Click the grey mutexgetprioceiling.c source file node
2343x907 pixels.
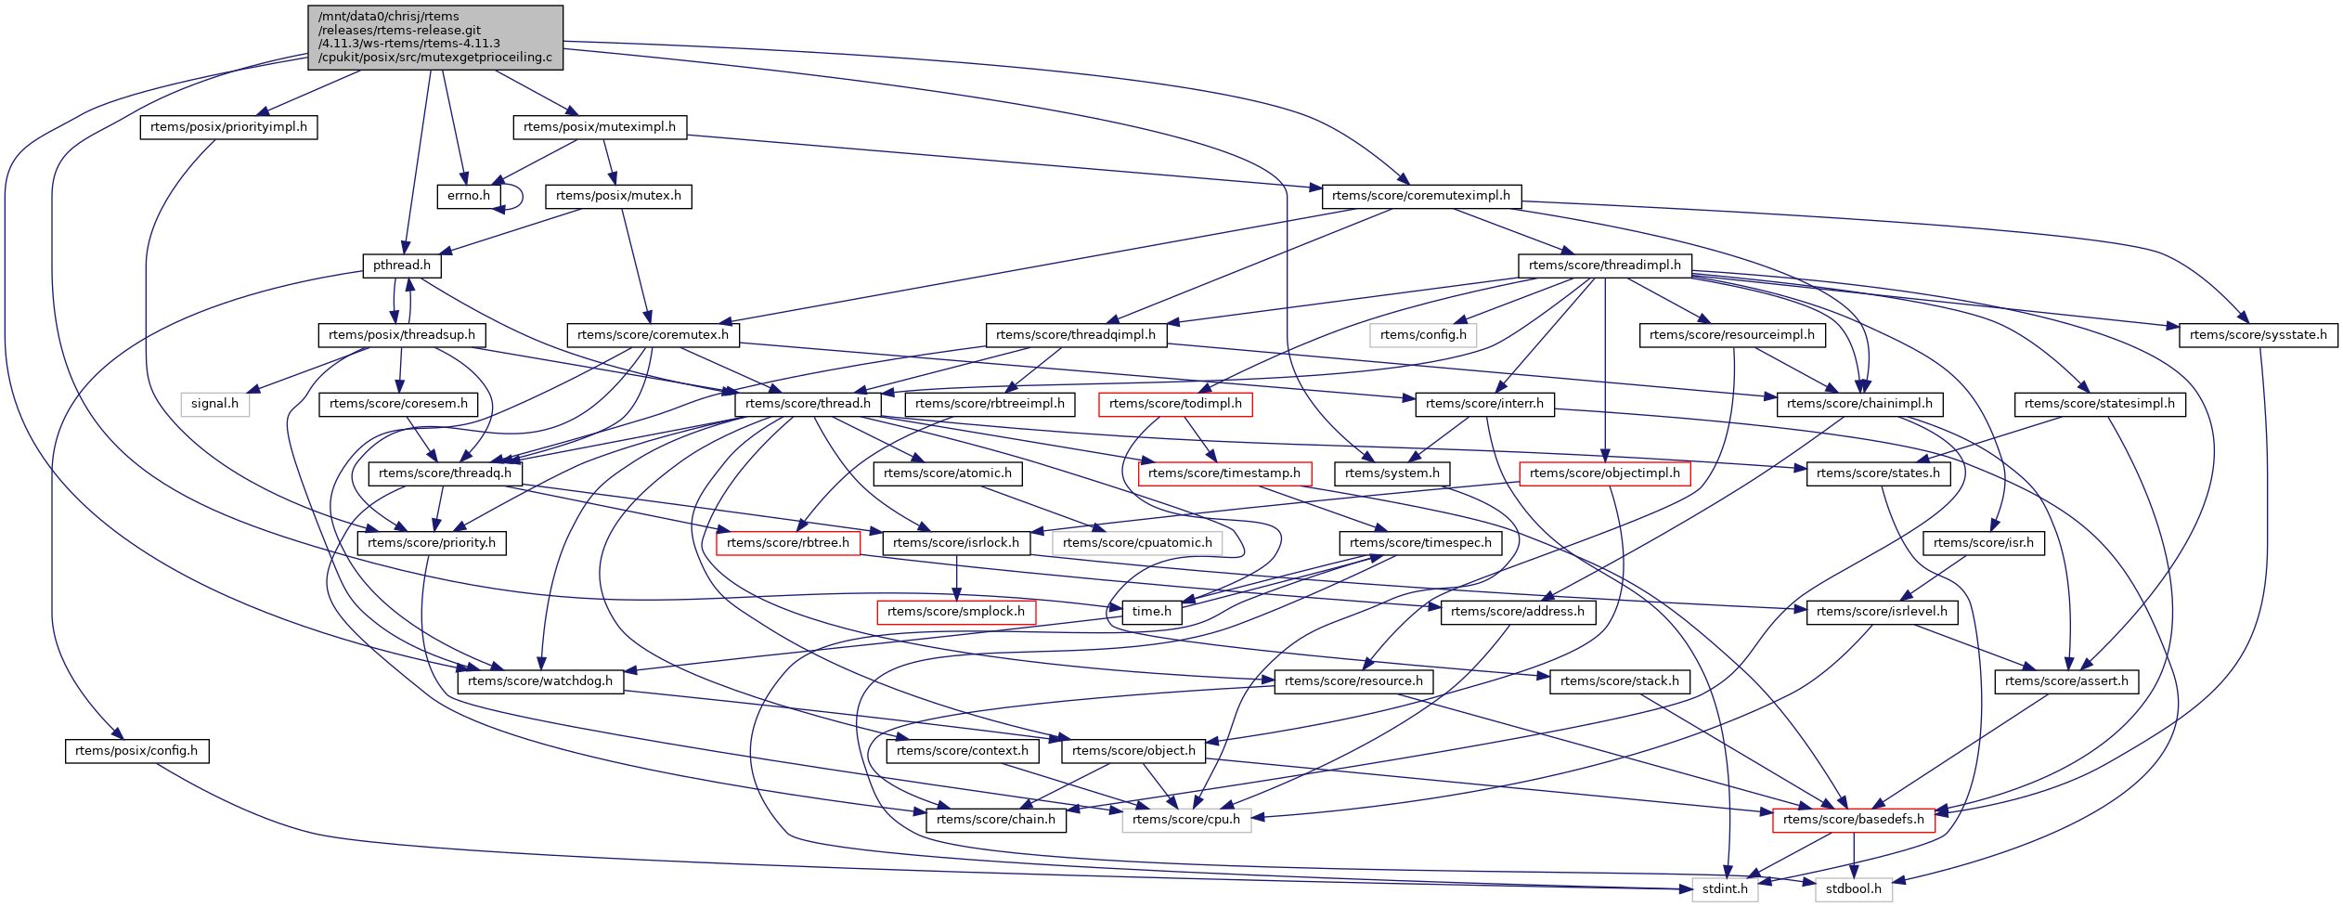(x=435, y=37)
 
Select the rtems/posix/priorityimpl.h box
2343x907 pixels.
(x=228, y=127)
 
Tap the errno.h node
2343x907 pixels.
(x=469, y=196)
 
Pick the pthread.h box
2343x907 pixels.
(x=402, y=266)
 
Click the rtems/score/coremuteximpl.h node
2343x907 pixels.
(x=1421, y=196)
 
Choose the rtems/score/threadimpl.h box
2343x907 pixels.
(x=1605, y=266)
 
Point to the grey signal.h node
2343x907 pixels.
(x=214, y=404)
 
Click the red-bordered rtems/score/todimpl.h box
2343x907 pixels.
(x=1175, y=404)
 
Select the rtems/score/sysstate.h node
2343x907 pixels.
(x=2258, y=335)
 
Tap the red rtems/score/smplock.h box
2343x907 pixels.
(x=956, y=612)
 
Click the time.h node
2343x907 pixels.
(x=1152, y=612)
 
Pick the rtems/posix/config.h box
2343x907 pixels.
(x=136, y=751)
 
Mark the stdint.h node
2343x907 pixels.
(x=1725, y=889)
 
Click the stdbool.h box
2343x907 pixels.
(x=1853, y=889)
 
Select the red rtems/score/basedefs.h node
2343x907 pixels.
(x=1854, y=820)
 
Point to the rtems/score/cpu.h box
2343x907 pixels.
(x=1186, y=820)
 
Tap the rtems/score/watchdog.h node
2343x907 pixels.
(x=540, y=681)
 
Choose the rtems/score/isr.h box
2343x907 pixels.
(x=1984, y=543)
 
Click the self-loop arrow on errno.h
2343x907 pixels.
(x=520, y=197)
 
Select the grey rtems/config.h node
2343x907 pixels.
(x=1423, y=335)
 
